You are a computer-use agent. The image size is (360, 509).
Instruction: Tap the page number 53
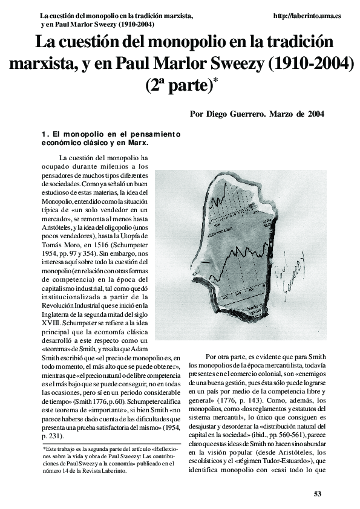point(318,494)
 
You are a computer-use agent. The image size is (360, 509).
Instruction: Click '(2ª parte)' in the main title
point(180,85)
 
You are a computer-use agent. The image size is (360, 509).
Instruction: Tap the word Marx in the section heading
point(139,143)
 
